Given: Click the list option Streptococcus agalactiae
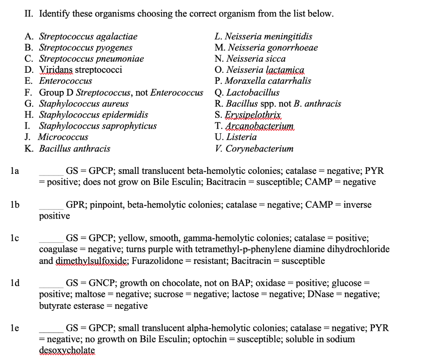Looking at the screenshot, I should coord(88,36).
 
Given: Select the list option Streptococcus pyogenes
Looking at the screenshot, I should coord(85,47).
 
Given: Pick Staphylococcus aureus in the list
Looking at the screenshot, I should coord(84,103).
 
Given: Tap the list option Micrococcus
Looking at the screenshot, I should coord(63,137).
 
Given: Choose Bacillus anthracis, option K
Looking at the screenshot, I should coord(74,148).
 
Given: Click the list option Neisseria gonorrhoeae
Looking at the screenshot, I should coord(272,47).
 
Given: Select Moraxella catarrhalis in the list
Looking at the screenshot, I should coord(268,81).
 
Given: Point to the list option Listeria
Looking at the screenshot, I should coord(241,137).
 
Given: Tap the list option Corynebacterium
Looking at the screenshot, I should coord(259,148).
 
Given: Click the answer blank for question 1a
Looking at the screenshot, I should coord(51,173).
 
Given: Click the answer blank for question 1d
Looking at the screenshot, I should coord(51,286).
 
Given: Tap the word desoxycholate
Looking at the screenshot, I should coord(67,351).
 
